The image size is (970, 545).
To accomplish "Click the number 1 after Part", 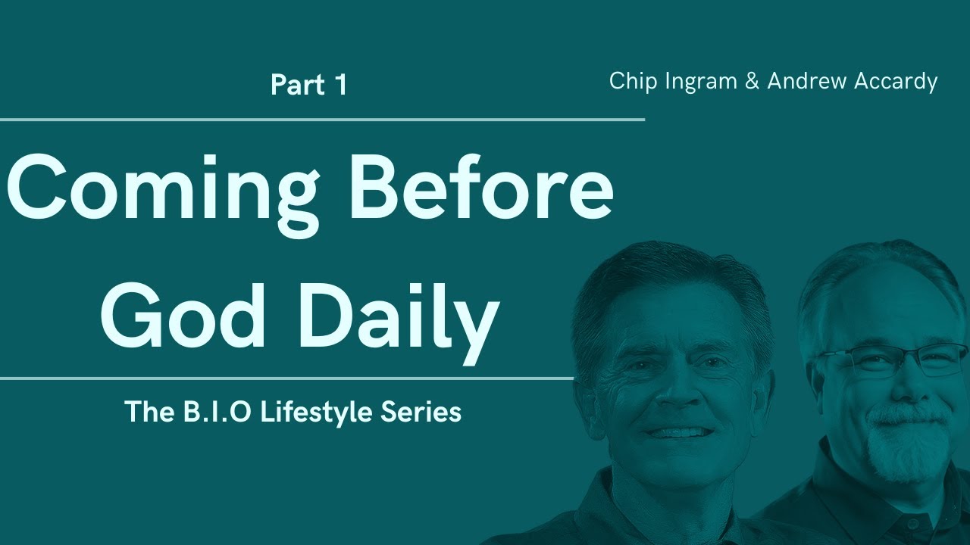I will tap(340, 85).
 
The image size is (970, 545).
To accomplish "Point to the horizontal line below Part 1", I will tap(322, 120).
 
